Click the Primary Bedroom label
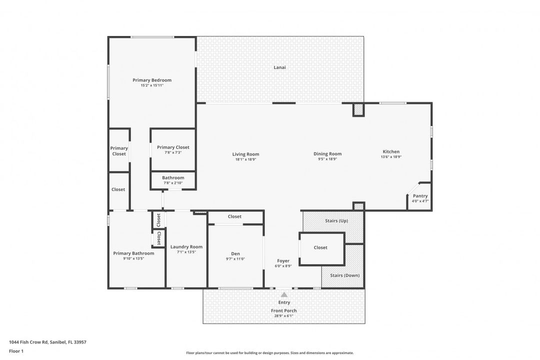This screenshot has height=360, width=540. click(152, 80)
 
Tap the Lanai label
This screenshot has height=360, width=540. click(279, 67)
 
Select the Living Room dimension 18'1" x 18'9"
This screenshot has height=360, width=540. click(245, 159)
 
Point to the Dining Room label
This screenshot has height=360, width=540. click(327, 154)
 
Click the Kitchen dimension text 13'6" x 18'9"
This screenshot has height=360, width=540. click(391, 157)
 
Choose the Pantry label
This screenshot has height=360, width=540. click(420, 196)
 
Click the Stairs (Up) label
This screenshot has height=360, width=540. click(336, 220)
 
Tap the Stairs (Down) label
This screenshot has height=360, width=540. click(344, 275)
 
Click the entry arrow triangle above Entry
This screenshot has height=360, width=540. click(284, 295)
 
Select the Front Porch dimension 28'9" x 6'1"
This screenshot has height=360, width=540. click(284, 315)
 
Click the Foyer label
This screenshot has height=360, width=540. click(283, 261)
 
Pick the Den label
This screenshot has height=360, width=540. click(235, 253)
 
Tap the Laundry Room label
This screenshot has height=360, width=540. click(186, 246)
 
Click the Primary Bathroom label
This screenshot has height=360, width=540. click(133, 253)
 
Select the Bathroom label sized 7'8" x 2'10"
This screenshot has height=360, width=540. click(173, 177)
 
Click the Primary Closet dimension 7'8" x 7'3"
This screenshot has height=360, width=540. click(173, 152)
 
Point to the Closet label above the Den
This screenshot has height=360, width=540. click(234, 216)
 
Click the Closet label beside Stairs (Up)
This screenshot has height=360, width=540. click(320, 247)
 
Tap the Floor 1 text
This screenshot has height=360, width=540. click(16, 351)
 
